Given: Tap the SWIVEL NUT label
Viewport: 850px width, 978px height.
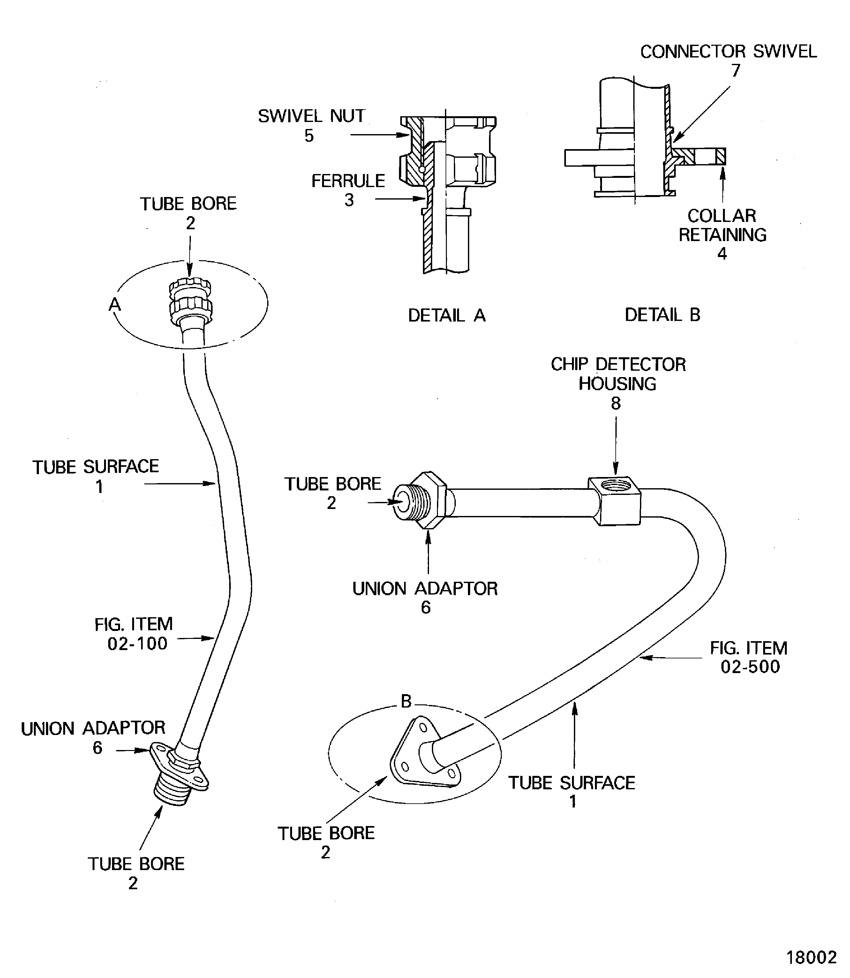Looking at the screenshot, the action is (311, 116).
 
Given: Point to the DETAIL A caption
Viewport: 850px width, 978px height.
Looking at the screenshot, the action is (447, 315).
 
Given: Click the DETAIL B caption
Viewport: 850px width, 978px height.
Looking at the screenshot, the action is (662, 315).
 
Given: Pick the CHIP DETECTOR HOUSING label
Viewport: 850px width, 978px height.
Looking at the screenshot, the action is (618, 374).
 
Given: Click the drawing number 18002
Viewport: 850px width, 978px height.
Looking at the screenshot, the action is (812, 957).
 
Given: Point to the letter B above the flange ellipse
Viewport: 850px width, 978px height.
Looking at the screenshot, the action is (406, 701).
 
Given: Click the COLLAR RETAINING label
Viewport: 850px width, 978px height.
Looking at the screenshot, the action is (722, 225).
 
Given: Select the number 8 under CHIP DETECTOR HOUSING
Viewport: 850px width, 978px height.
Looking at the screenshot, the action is (616, 403).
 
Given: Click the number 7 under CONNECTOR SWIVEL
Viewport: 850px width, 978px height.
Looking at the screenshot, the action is (736, 71).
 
